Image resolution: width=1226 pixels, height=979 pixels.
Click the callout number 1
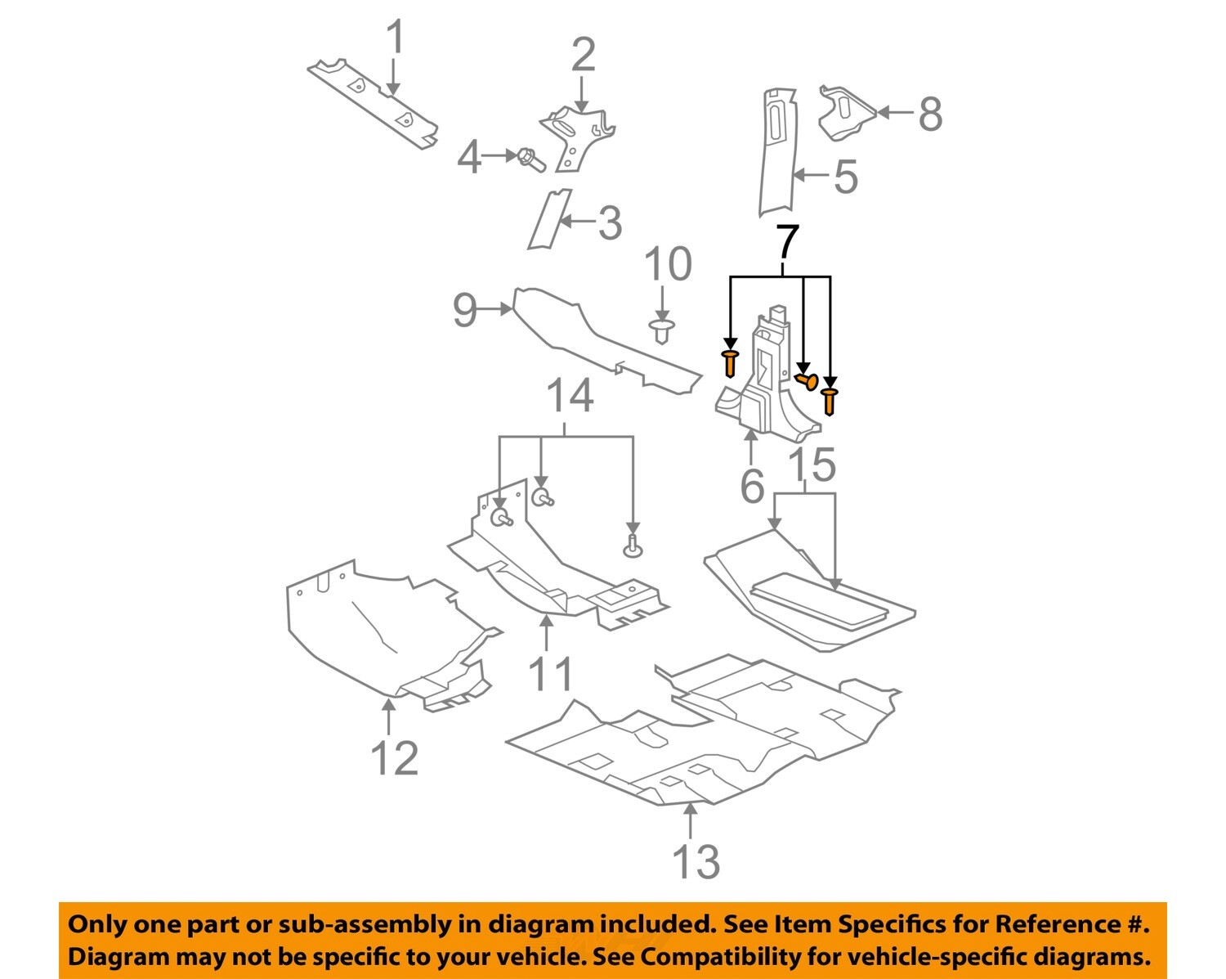click(x=395, y=39)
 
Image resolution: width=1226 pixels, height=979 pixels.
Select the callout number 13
click(x=696, y=862)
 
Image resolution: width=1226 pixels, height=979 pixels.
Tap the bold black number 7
click(x=785, y=243)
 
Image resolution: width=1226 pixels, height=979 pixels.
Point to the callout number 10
click(x=668, y=265)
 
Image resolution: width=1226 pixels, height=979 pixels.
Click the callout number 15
click(x=812, y=465)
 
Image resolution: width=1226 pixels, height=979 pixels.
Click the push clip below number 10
click(x=662, y=331)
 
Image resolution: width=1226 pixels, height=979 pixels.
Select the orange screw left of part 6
click(x=730, y=362)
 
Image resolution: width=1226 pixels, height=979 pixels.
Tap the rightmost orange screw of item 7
click(x=830, y=401)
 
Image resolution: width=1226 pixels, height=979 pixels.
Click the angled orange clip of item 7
click(x=806, y=379)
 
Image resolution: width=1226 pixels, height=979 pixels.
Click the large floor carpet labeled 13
click(x=703, y=736)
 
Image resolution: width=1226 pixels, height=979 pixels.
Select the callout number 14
click(x=569, y=397)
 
